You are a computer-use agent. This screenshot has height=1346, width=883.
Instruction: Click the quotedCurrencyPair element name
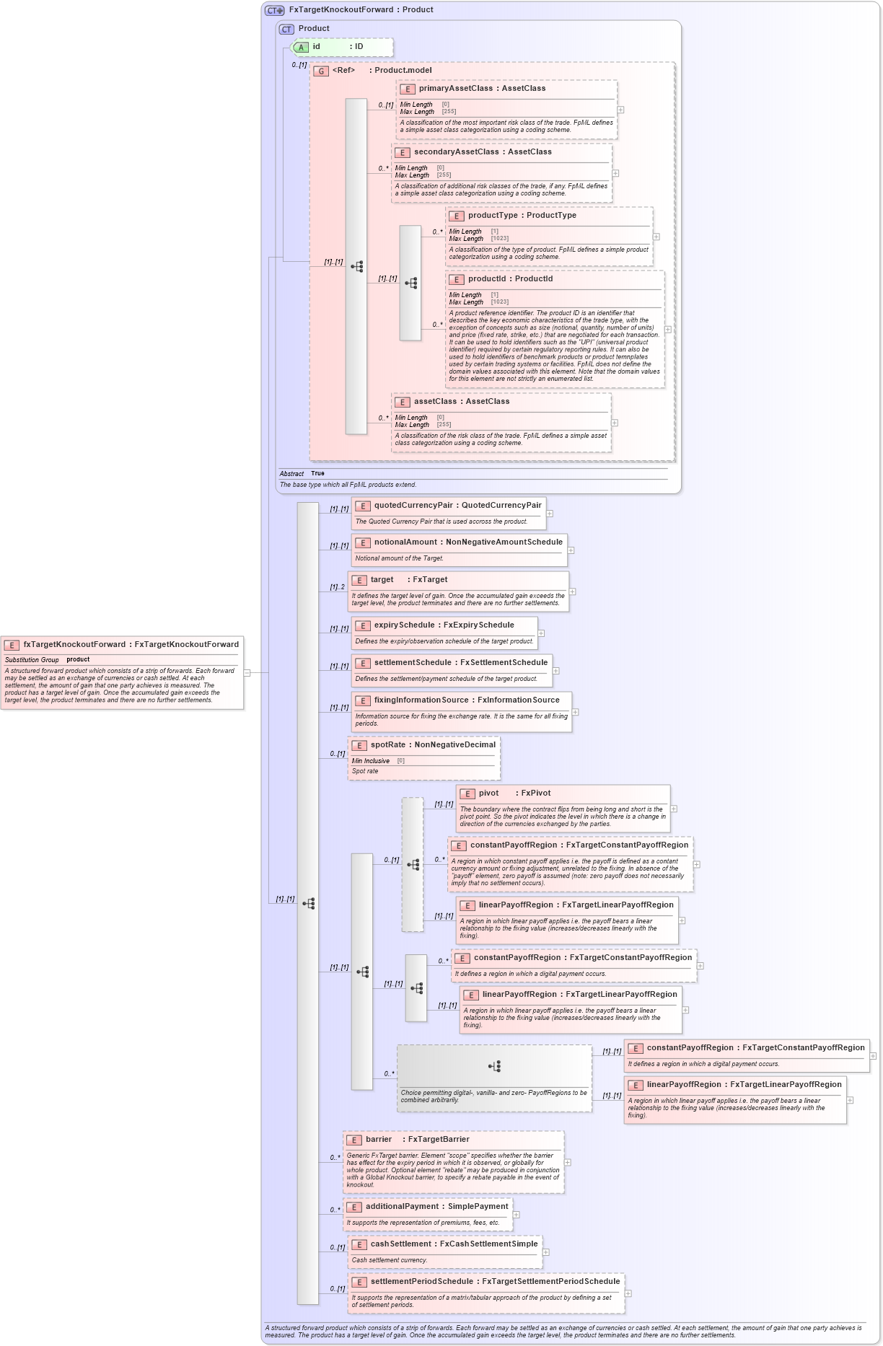click(413, 506)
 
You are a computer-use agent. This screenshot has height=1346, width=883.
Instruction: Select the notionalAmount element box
click(460, 550)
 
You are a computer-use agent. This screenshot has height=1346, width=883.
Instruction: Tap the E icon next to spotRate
click(359, 746)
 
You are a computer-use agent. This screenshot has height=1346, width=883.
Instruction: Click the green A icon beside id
click(302, 48)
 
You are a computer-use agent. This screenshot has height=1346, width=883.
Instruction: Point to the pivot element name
click(488, 793)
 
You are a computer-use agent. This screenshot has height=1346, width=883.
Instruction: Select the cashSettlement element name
click(400, 1244)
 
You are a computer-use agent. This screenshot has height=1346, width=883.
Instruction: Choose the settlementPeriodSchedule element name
click(421, 1282)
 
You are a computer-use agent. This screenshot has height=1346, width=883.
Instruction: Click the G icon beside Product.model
click(321, 71)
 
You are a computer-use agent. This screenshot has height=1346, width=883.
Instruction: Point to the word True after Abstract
click(317, 474)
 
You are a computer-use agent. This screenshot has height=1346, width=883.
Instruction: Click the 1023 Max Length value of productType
click(500, 239)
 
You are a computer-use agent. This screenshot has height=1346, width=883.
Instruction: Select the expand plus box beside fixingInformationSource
click(575, 712)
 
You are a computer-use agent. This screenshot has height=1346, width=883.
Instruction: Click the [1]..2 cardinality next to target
click(337, 587)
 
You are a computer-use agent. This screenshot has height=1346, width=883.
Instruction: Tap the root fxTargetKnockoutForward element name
click(74, 645)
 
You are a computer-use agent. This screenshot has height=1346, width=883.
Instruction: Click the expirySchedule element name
click(405, 625)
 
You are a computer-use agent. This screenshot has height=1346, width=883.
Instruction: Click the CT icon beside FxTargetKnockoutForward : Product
click(275, 10)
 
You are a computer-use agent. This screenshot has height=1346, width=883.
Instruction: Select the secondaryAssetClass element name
click(456, 152)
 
